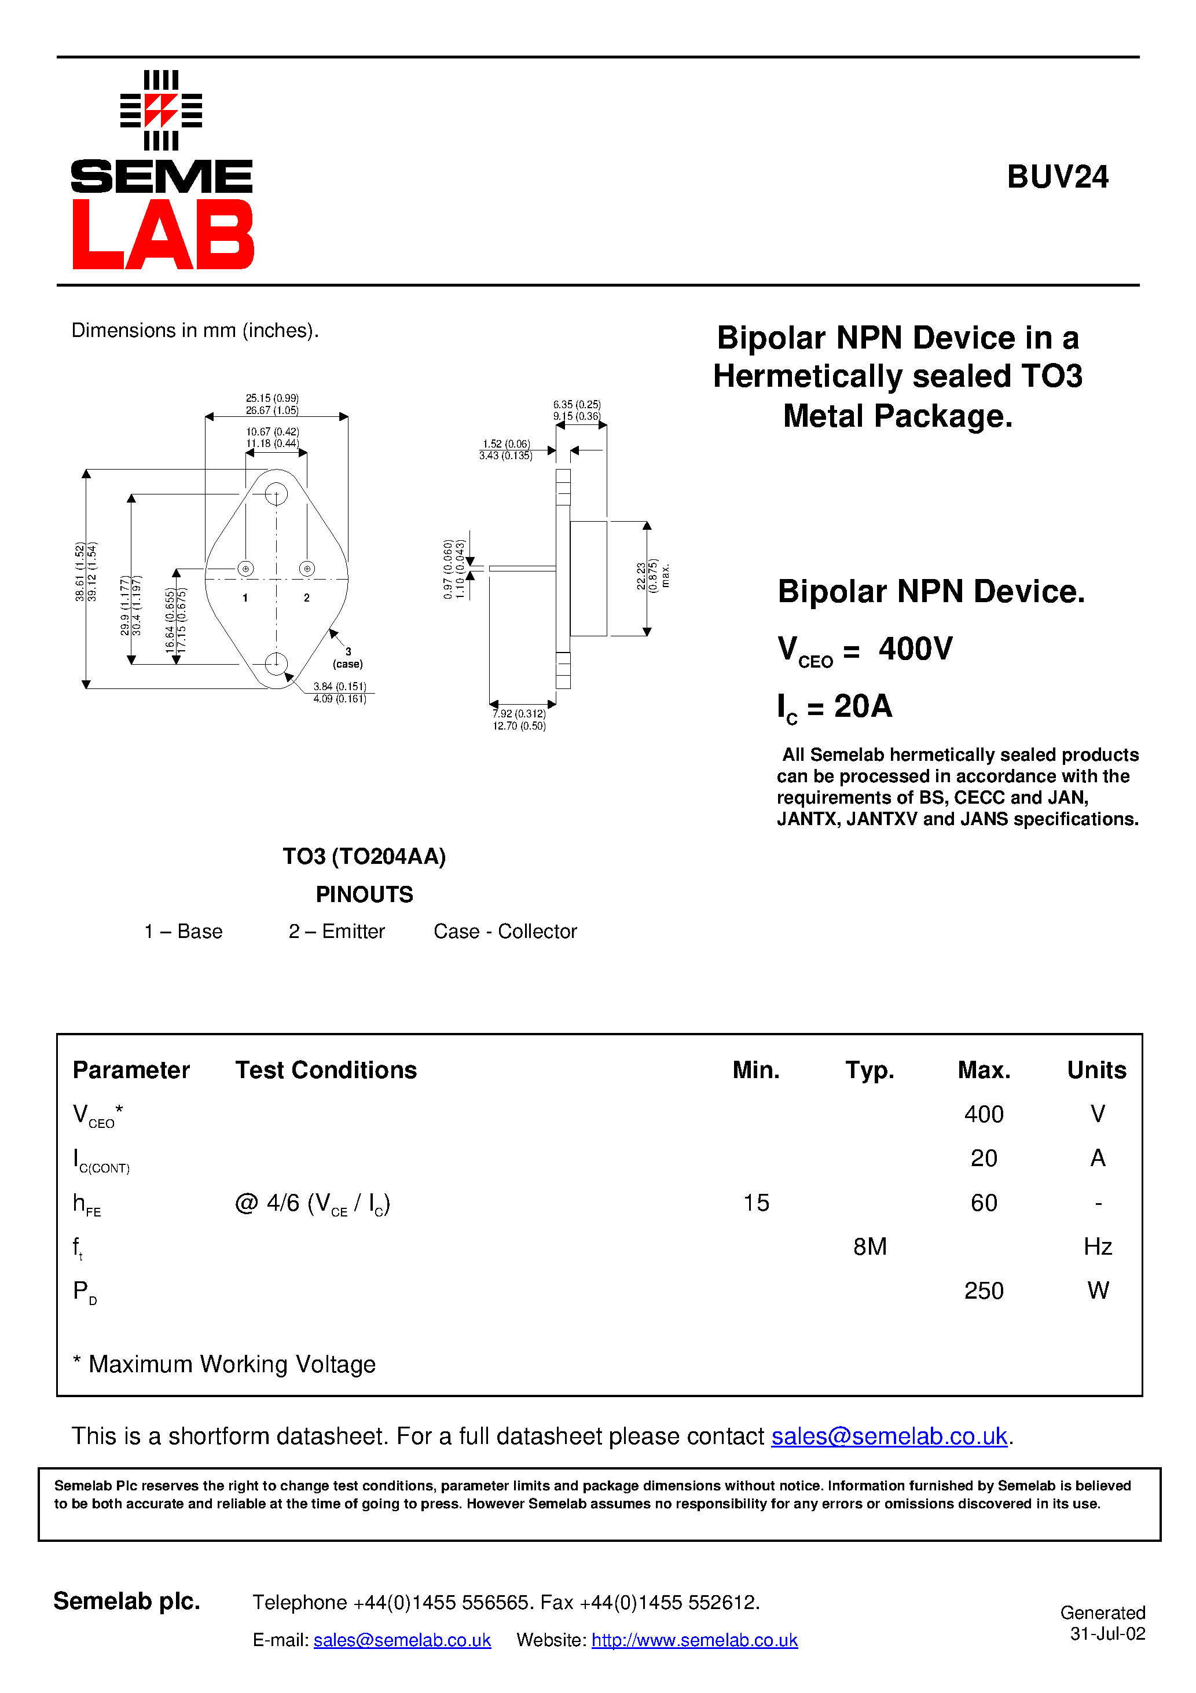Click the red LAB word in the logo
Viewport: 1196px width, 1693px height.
tap(162, 234)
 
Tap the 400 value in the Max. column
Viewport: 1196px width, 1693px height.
tap(983, 1113)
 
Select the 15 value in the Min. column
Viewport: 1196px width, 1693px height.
tap(756, 1203)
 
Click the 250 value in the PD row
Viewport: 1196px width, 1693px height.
tap(983, 1291)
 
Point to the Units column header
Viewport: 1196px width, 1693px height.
tap(1096, 1070)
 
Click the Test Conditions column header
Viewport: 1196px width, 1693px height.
tap(326, 1070)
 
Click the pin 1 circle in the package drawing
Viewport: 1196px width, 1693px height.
tap(245, 569)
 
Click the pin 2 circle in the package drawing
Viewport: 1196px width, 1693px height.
tap(307, 569)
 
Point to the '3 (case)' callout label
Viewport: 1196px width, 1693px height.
tap(348, 658)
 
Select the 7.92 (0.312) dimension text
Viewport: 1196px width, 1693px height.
tap(519, 714)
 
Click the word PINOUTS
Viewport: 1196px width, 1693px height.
tap(364, 895)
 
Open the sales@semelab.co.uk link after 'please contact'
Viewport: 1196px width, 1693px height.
tap(889, 1436)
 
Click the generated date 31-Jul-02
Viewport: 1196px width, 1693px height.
tap(1107, 1634)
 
